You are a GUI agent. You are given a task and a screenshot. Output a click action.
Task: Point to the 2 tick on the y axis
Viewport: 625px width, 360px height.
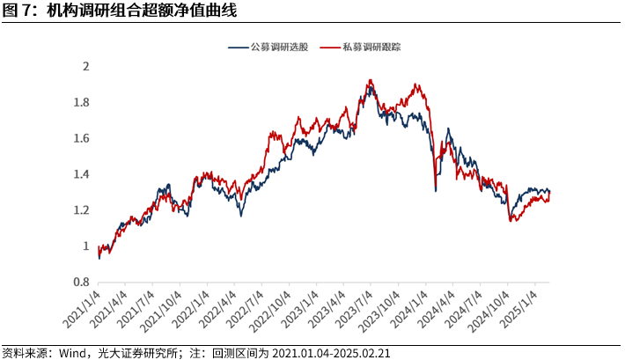[x=85, y=66]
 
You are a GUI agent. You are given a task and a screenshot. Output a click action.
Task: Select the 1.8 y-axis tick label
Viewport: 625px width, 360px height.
[x=82, y=102]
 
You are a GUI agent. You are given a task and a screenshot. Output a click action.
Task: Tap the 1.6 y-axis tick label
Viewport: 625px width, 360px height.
[x=82, y=138]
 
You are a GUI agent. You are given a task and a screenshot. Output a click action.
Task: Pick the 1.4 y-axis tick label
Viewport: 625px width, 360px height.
[x=82, y=174]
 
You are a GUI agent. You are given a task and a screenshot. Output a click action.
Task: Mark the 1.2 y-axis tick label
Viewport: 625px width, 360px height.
[x=82, y=210]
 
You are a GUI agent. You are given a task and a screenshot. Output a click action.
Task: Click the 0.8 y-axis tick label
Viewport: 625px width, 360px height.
[x=82, y=283]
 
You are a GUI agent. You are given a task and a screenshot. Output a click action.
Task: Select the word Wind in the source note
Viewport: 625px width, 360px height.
[x=72, y=352]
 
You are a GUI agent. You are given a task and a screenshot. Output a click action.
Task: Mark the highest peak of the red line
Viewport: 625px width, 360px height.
[x=371, y=80]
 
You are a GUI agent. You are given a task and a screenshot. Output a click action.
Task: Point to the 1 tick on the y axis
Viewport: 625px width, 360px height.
[x=85, y=246]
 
